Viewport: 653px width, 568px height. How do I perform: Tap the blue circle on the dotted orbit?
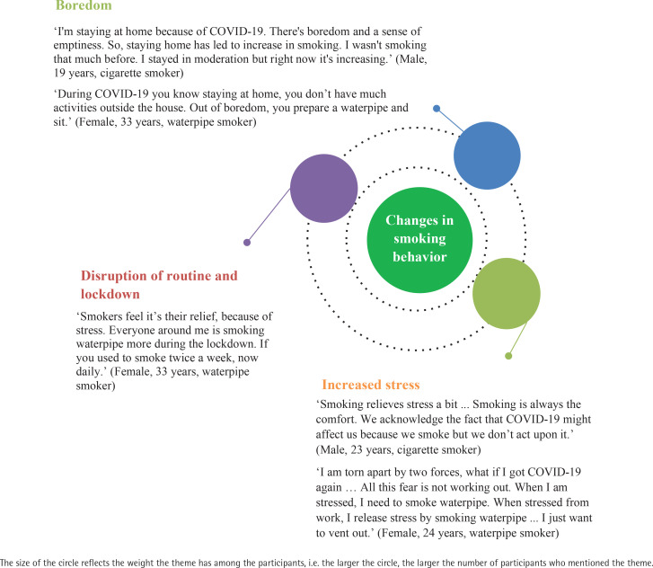click(x=488, y=155)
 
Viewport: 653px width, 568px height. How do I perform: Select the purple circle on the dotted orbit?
click(x=324, y=188)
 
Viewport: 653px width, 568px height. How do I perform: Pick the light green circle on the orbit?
click(x=506, y=294)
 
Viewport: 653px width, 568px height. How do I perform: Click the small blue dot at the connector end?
click(x=437, y=109)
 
